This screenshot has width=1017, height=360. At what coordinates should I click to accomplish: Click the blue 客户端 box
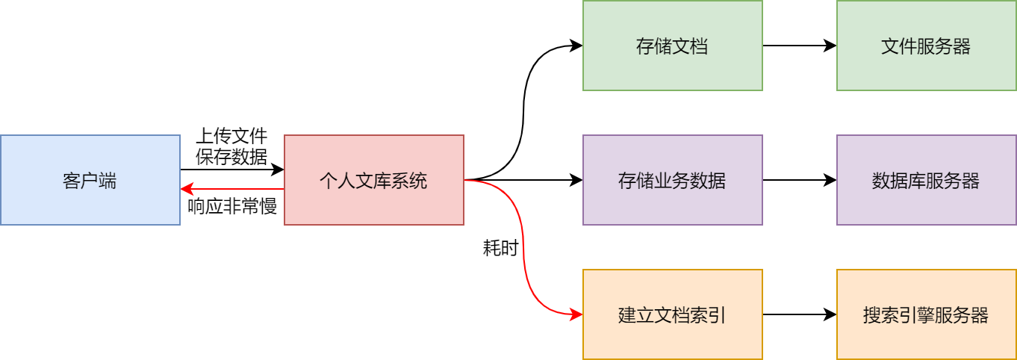click(90, 180)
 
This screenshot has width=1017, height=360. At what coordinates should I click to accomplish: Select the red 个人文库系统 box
click(373, 180)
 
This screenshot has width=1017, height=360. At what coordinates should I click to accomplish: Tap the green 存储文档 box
click(672, 46)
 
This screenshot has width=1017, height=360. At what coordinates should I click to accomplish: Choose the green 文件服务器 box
click(926, 46)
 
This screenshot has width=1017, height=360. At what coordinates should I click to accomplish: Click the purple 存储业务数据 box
click(672, 180)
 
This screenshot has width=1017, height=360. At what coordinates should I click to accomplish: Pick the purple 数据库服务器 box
click(926, 180)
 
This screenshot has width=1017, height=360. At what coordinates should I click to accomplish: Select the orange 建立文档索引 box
click(672, 314)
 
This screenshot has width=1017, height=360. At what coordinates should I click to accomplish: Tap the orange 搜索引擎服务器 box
click(926, 314)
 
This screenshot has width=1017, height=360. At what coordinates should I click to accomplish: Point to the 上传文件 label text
click(231, 137)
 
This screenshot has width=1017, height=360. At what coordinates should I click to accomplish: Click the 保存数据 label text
click(231, 156)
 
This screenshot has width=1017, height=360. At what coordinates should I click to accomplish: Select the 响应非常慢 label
click(232, 207)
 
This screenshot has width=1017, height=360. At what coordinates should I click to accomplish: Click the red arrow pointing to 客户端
click(231, 190)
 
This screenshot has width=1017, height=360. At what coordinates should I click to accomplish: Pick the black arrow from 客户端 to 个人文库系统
click(231, 171)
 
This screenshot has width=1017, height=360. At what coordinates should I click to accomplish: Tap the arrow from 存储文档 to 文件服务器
click(799, 46)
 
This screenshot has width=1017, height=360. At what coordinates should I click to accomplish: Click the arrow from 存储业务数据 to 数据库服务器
click(799, 180)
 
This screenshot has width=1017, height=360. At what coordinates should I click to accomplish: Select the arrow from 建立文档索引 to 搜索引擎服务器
click(799, 314)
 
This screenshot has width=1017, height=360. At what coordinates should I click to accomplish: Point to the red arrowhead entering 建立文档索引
click(576, 314)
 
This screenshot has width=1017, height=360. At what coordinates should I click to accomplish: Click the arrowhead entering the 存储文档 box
click(576, 46)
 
